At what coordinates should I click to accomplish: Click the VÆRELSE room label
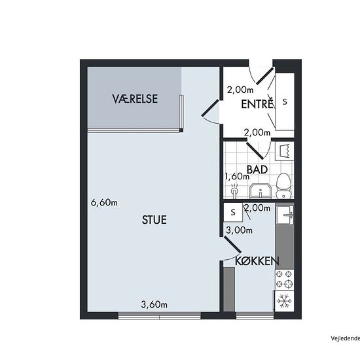point(135,99)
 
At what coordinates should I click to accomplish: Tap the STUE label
point(154,220)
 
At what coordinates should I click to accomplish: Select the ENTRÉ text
point(257,104)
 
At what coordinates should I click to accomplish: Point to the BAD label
point(257,170)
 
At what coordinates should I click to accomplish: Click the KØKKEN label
point(257,261)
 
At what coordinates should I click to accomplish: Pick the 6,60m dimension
point(104,202)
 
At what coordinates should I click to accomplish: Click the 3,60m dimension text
point(154,304)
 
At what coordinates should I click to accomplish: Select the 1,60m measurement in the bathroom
point(237,176)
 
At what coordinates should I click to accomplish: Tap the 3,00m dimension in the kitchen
point(239,230)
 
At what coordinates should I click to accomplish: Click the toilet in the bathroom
point(284,186)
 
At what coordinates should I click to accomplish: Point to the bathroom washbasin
point(261,190)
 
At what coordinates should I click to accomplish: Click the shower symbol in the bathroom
point(234,190)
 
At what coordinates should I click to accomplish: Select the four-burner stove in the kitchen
point(284,279)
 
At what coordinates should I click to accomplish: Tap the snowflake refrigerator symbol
point(284,301)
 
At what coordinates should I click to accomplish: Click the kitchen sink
point(285,215)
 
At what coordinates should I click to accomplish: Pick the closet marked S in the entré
point(285,101)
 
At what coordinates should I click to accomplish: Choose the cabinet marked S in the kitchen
point(233,212)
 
